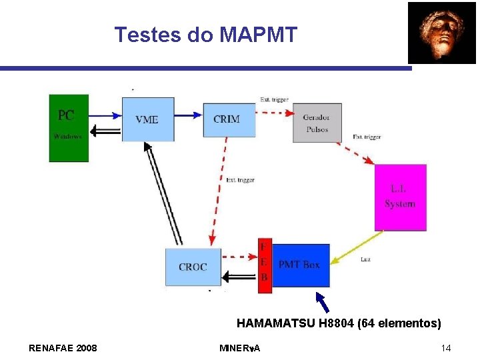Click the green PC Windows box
click(69, 128)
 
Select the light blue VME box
click(147, 119)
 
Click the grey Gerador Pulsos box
click(317, 123)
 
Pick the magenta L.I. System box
click(400, 197)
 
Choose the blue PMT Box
click(301, 265)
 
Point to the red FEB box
click(265, 265)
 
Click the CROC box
click(193, 267)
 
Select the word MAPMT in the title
click(259, 35)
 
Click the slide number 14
click(446, 348)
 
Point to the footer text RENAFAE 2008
click(63, 348)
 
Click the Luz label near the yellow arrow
click(365, 259)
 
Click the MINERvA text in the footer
click(239, 348)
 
